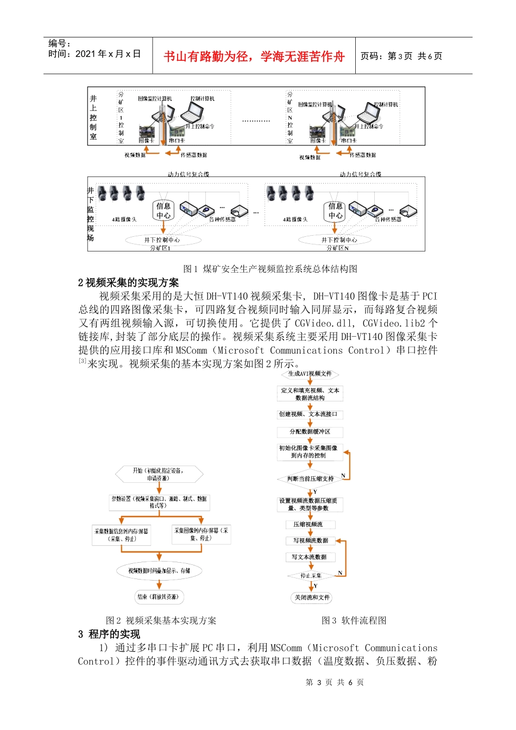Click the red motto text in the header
pos(254,56)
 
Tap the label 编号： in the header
pos(60,43)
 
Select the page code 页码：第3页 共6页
pos(401,56)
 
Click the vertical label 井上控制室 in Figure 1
pos(93,117)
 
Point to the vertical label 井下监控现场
pos(91,214)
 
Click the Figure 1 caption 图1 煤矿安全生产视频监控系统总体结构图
pos(270,269)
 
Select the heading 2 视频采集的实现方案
pos(128,282)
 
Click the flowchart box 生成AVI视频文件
pos(310,374)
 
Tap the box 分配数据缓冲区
pos(310,432)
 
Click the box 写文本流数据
pos(310,557)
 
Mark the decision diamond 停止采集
pos(311,576)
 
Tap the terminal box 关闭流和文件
pos(312,597)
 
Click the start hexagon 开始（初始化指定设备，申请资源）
pos(159,474)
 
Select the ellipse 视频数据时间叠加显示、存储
pos(159,571)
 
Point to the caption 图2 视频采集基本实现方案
pos(161,620)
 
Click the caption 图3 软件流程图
pos(354,620)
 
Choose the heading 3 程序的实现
pos(109,634)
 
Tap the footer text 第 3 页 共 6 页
pos(335,682)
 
